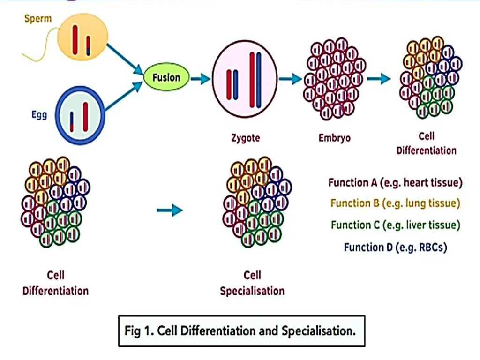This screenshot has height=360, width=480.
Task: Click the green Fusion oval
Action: tap(166, 77)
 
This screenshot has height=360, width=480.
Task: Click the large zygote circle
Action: tap(244, 78)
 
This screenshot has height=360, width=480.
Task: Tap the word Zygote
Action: tap(245, 138)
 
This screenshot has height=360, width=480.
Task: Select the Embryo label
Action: tap(334, 138)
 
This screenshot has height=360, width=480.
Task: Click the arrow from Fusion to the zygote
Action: tap(200, 79)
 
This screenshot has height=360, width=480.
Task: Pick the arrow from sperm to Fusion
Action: tap(124, 59)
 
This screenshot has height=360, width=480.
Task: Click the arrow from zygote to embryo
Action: tap(290, 79)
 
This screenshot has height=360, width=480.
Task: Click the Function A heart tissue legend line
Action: tap(395, 183)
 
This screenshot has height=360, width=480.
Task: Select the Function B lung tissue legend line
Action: tap(395, 203)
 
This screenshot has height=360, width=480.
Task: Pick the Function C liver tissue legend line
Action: tap(395, 225)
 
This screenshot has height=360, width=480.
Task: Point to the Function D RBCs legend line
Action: tap(395, 247)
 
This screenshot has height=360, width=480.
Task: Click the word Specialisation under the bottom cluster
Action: tap(252, 291)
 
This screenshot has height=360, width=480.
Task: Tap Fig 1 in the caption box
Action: tap(139, 330)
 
